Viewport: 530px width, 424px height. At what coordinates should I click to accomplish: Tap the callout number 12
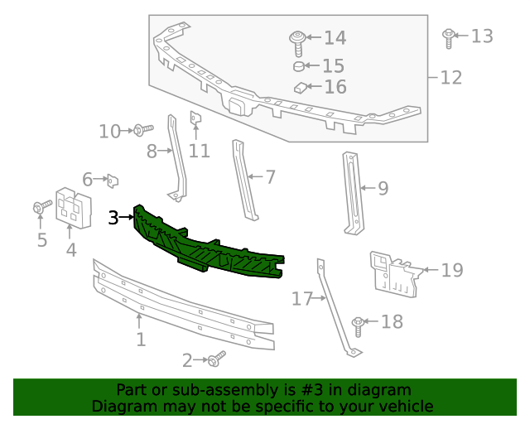[450, 78]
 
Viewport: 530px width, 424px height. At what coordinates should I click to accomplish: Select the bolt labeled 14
[296, 40]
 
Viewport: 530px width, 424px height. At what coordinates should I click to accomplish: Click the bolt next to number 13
[448, 36]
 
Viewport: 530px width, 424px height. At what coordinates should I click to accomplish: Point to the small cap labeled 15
[299, 65]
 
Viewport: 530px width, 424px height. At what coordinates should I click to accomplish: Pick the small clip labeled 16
[300, 86]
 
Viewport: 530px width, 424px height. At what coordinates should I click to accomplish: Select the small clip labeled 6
[113, 179]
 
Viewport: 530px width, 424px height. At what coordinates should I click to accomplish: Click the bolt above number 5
[39, 209]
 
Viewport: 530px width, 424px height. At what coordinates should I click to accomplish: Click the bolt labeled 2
[217, 359]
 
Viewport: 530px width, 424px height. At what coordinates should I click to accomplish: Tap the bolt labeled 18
[359, 323]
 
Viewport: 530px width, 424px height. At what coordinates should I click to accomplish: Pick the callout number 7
[270, 176]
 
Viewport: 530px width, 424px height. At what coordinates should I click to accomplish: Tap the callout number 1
[141, 340]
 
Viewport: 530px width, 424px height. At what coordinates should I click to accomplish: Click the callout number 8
[152, 152]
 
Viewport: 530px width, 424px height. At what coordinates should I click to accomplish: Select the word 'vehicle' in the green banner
[403, 406]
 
